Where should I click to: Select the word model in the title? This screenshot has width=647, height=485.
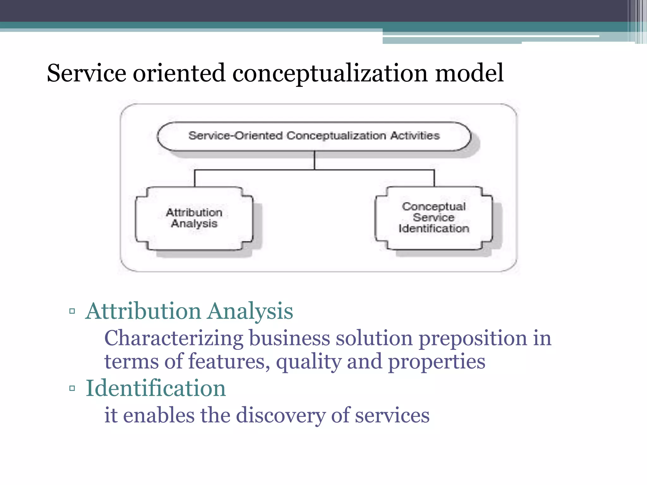tap(469, 73)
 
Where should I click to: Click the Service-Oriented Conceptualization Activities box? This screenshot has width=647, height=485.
tap(314, 136)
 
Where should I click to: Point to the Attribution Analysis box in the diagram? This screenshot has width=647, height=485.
tap(194, 218)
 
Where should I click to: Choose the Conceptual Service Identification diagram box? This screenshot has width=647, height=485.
tap(434, 218)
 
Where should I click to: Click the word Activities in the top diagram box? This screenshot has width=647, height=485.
tap(415, 136)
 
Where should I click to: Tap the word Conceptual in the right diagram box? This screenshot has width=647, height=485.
tap(434, 207)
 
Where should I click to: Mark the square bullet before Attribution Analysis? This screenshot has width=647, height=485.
tap(72, 311)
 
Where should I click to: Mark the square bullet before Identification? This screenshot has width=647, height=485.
tap(72, 388)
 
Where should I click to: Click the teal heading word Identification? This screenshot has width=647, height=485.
tap(156, 388)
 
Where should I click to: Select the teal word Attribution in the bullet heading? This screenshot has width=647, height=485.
tap(143, 311)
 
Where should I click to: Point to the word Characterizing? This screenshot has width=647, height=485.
tap(173, 338)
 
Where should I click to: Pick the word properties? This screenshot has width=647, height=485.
tap(437, 362)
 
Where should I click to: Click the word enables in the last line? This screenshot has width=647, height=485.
tap(159, 415)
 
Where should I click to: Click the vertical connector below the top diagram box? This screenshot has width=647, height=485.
tap(314, 160)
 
